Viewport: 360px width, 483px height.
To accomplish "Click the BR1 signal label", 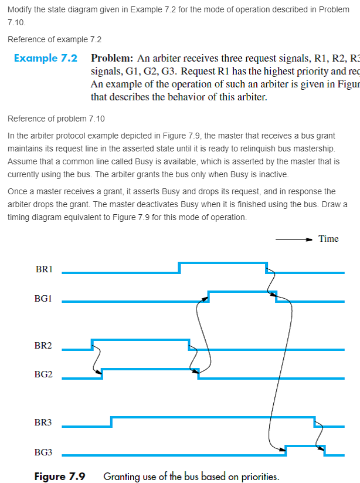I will tap(44, 269).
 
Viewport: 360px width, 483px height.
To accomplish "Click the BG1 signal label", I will tap(44, 299).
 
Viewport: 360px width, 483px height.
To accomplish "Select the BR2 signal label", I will tap(44, 346).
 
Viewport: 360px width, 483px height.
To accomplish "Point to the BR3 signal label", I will tap(44, 423).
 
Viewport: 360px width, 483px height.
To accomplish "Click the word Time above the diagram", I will tap(328, 238).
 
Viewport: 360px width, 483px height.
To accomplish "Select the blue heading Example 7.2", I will tap(46, 59).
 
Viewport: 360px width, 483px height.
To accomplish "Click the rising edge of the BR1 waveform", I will tap(179, 268).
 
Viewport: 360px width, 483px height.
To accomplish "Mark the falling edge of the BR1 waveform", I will tap(267, 268).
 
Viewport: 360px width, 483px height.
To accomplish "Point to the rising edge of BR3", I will tap(111, 421).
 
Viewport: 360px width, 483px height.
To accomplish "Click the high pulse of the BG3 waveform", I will tap(305, 447).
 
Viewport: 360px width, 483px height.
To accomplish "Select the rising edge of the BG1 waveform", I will tap(208, 296).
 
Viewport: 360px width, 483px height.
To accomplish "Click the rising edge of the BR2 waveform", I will tap(92, 344).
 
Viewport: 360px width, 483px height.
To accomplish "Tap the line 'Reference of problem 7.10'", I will tap(56, 119).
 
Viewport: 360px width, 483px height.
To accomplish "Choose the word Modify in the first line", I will tap(19, 11).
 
